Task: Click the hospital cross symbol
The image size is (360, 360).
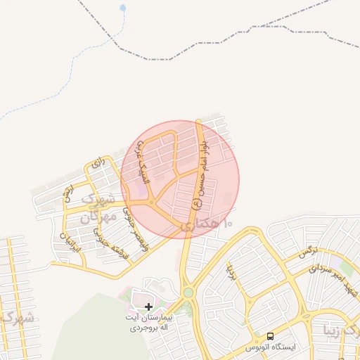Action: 148,307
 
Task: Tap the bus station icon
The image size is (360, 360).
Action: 271,336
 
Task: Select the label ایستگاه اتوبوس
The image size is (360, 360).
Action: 271,347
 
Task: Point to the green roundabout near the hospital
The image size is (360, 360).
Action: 188,292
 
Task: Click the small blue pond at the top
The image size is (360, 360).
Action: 124,8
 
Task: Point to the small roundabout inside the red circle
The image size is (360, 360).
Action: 151,204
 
